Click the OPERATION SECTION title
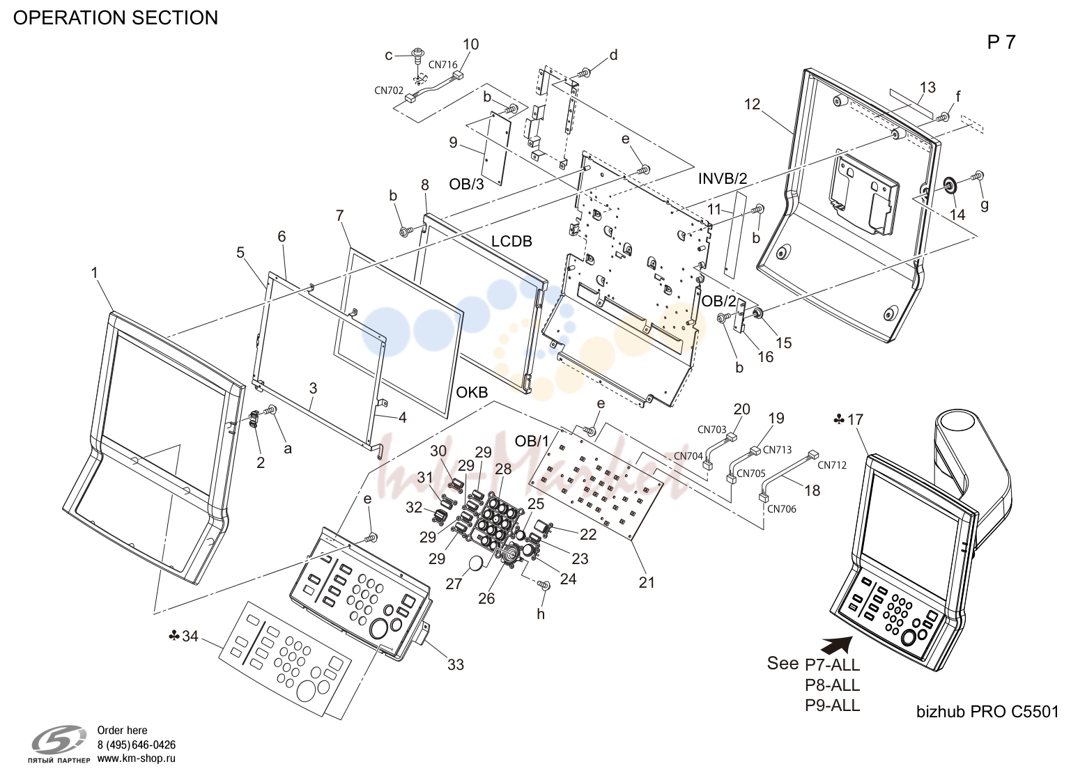point(115,18)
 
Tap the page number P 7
point(1001,42)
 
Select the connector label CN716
point(442,65)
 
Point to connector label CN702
point(389,91)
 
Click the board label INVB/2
point(723,178)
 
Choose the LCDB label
point(511,241)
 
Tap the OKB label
point(472,392)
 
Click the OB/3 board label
point(466,184)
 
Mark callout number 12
point(752,104)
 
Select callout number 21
point(647,582)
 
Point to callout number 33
point(456,664)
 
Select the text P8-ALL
point(833,685)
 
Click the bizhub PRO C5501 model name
point(987,712)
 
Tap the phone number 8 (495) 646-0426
point(137,745)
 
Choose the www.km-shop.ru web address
point(137,758)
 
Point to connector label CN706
point(782,509)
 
